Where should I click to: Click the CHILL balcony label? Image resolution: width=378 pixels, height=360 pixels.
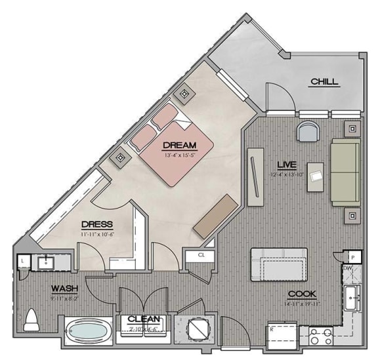pyautogui.click(x=324, y=82)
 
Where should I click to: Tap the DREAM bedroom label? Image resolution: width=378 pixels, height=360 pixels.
pyautogui.click(x=178, y=145)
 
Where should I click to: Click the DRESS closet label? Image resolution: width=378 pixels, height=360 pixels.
pyautogui.click(x=96, y=224)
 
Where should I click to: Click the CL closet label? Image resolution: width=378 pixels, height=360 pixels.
pyautogui.click(x=201, y=255)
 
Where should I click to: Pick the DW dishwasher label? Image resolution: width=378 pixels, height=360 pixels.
pyautogui.click(x=347, y=268)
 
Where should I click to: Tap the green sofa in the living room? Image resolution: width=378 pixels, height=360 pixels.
pyautogui.click(x=345, y=170)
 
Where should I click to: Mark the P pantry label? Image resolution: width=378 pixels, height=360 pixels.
pyautogui.click(x=353, y=258)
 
